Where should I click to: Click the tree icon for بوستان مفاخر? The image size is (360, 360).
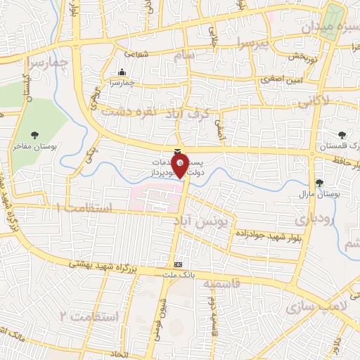tap(34, 134)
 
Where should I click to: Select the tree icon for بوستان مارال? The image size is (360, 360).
tap(321, 182)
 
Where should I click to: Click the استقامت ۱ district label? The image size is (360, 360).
tap(83, 208)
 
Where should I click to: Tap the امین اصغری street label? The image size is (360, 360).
tap(281, 79)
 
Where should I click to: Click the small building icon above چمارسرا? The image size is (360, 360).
tap(122, 72)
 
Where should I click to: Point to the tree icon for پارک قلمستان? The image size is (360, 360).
tap(342, 134)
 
